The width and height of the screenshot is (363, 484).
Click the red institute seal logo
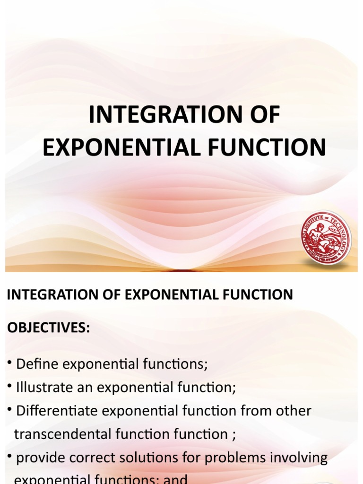point(326,238)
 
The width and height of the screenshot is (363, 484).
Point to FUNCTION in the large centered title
point(269,147)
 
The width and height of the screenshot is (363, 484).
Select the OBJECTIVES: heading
point(48,328)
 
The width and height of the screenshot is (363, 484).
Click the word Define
point(37,364)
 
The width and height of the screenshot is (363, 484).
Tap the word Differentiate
point(58,411)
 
